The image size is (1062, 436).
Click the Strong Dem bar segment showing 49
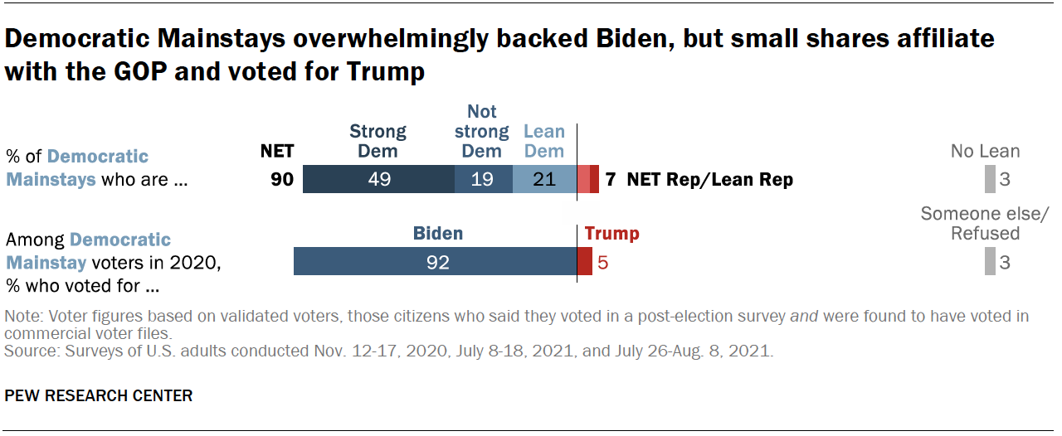378,180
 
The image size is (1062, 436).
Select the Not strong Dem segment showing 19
483,180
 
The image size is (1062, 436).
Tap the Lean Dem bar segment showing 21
544,180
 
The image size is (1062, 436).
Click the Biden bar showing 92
436,262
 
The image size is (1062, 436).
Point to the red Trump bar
585,262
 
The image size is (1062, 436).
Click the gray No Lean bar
990,180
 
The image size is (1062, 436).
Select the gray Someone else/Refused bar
990,262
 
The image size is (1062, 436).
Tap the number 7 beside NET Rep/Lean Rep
610,180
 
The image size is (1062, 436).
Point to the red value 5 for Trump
603,263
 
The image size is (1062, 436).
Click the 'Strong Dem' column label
378,141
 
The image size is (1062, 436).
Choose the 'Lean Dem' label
543,141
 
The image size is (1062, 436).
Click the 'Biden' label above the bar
438,234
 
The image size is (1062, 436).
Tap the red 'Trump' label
612,234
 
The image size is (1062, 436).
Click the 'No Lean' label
986,151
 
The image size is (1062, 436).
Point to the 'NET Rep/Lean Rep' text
710,180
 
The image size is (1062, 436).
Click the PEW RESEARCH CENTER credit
99,395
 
